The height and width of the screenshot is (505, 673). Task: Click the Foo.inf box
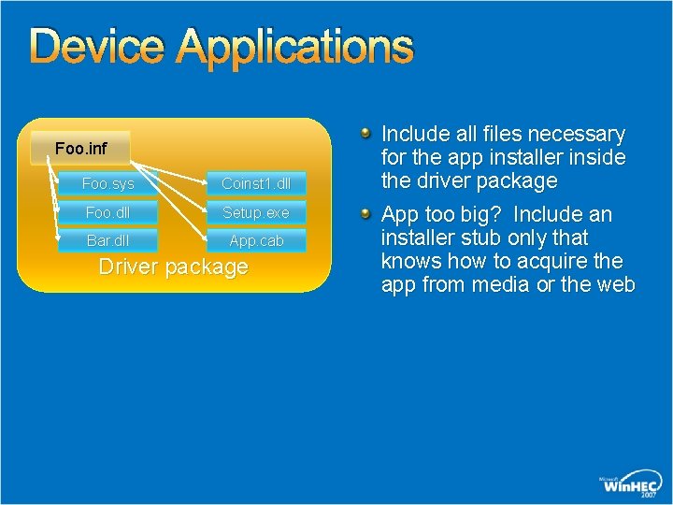(x=80, y=148)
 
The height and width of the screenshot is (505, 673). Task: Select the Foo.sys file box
(x=107, y=184)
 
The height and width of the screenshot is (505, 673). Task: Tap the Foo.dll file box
(x=107, y=212)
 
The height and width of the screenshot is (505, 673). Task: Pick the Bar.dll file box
(x=107, y=240)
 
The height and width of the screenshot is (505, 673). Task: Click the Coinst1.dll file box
(x=256, y=184)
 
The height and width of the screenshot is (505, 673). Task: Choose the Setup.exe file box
(x=256, y=212)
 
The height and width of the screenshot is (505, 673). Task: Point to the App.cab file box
(x=256, y=240)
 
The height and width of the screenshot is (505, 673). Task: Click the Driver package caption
(x=174, y=267)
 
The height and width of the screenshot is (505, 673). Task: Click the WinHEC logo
(x=631, y=483)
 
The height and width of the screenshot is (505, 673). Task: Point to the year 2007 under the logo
(x=648, y=495)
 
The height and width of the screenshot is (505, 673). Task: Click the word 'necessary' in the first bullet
(x=579, y=135)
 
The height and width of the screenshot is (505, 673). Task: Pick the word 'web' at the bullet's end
(x=617, y=285)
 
